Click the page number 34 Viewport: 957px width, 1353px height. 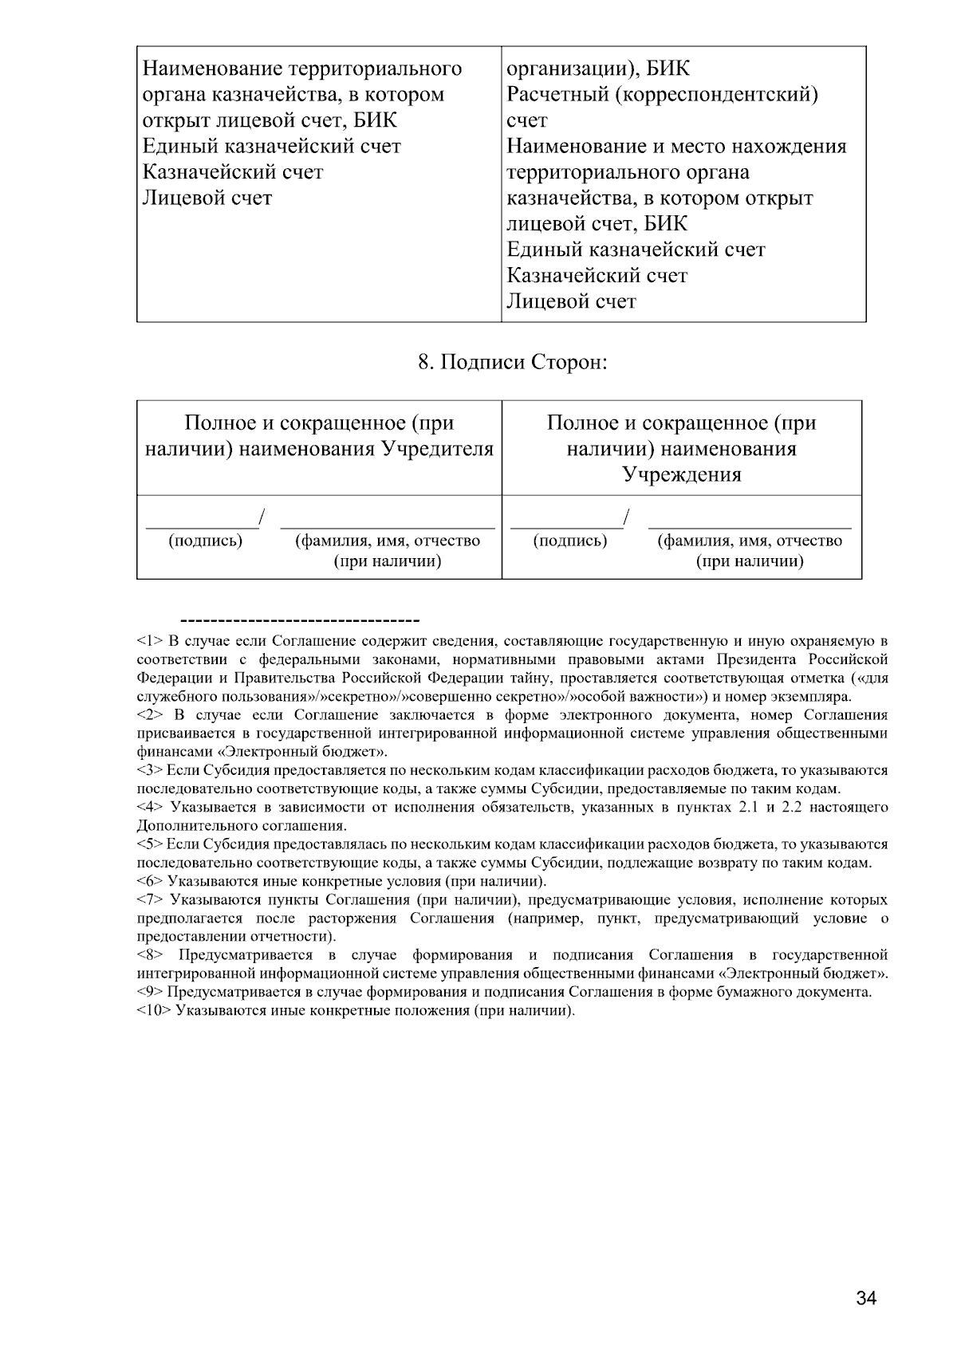pos(866,1299)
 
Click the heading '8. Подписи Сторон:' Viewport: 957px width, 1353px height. pos(513,363)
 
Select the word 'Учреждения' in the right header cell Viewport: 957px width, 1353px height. pos(681,475)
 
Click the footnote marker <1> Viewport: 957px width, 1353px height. pos(150,641)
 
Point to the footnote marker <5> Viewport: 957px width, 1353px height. pos(150,844)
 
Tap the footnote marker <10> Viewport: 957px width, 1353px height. pos(154,1011)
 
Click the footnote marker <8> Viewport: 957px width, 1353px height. pos(150,955)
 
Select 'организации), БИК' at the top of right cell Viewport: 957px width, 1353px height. pos(598,69)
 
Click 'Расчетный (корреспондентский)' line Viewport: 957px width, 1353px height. pos(663,95)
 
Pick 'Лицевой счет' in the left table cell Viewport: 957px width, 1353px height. pos(207,198)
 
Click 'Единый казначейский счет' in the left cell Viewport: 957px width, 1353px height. pos(271,147)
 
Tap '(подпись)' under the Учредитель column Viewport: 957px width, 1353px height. pos(205,541)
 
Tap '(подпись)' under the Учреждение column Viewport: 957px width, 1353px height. pos(569,541)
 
